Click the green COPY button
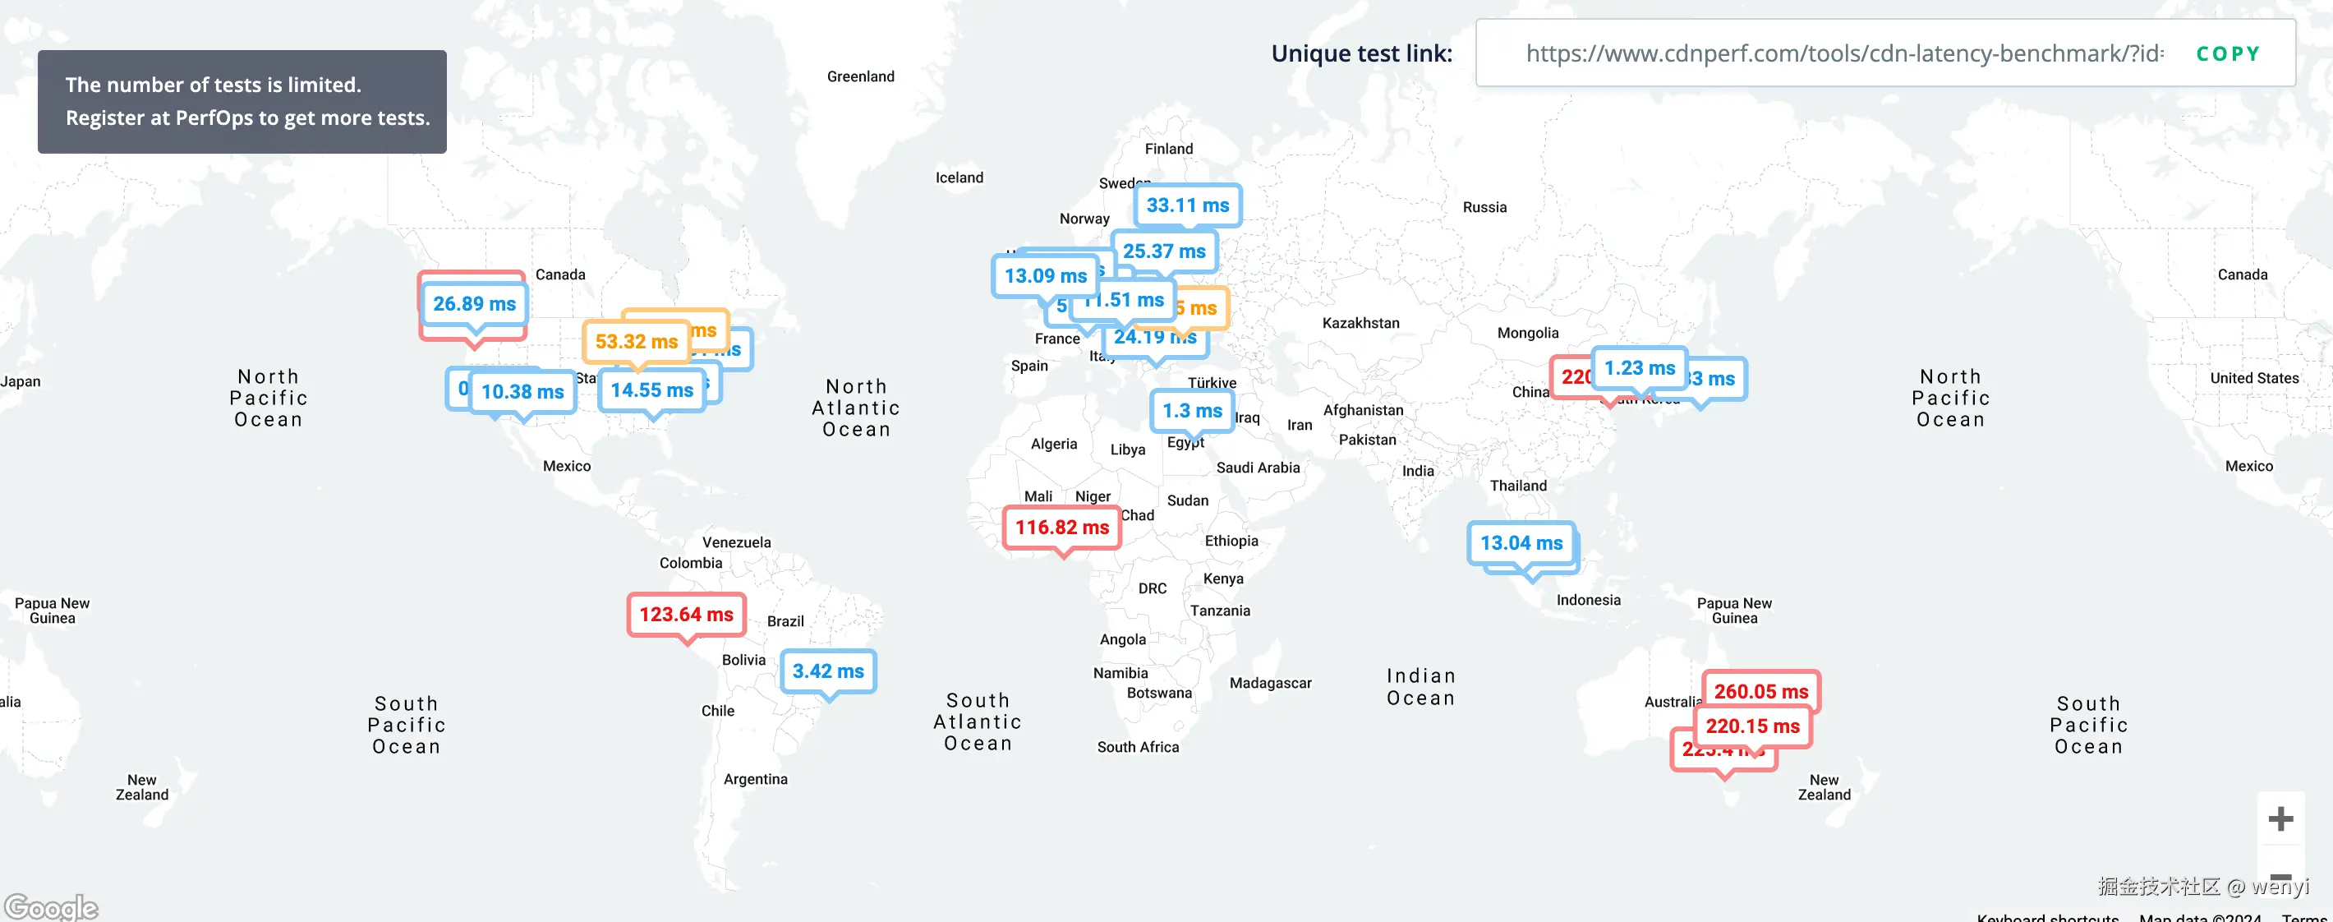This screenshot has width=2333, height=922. pos(2227,54)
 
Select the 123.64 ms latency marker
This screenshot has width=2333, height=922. pos(686,615)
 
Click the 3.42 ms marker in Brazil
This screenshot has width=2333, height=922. pos(828,672)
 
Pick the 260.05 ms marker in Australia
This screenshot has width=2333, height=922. pos(1760,690)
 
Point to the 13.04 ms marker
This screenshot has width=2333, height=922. pos(1521,543)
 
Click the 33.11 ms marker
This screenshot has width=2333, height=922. pos(1187,205)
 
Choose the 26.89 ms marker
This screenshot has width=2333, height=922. pos(474,304)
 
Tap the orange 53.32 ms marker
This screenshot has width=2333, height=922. pos(636,343)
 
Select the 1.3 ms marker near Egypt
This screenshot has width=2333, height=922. pos(1192,411)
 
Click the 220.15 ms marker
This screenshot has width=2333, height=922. pos(1752,726)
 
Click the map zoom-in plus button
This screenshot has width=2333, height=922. pos(2280,819)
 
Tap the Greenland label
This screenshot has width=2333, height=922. pos(860,77)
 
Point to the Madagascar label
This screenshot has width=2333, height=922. pos(1270,683)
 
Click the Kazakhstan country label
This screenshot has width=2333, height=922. pos(1360,323)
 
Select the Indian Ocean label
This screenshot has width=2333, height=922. pos(1420,686)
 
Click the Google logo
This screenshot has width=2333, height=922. pos(51,906)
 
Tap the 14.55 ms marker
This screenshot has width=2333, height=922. pos(651,391)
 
